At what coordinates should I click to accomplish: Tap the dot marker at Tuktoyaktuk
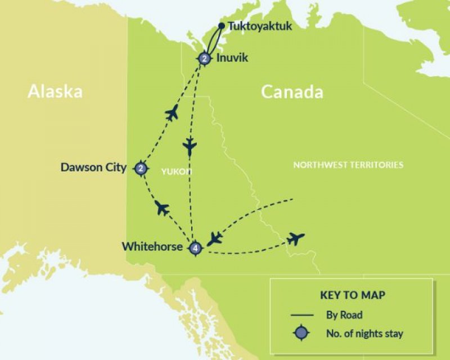click(222, 26)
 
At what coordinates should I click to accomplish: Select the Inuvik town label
click(232, 57)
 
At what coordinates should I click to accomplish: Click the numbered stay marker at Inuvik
click(204, 58)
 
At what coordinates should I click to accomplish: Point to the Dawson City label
click(94, 168)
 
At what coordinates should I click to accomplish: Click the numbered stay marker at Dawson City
click(141, 168)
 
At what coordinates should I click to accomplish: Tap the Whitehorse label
click(152, 246)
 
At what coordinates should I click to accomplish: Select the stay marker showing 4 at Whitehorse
click(195, 247)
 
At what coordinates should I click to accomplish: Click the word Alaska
click(55, 92)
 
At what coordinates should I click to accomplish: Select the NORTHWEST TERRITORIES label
click(348, 165)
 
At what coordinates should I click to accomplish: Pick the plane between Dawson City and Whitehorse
click(162, 209)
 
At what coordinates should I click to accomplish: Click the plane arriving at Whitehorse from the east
click(214, 238)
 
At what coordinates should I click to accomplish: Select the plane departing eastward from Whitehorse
click(295, 238)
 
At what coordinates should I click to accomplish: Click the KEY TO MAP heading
click(353, 295)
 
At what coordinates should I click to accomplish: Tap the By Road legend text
click(344, 315)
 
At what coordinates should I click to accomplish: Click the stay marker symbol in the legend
click(301, 334)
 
